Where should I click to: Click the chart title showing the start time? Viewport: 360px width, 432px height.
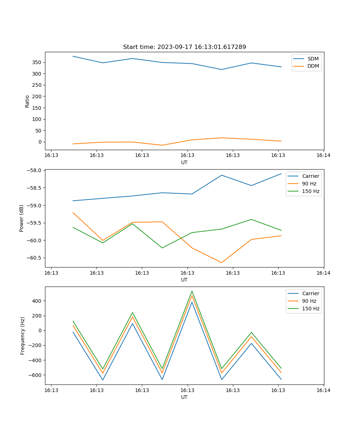pos(184,47)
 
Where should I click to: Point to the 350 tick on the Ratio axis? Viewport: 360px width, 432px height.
pos(38,62)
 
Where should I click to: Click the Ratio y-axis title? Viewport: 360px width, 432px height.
pos(27,101)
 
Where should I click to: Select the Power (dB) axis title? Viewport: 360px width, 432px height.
pos(22,218)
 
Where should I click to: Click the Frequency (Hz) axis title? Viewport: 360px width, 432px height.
pos(23,336)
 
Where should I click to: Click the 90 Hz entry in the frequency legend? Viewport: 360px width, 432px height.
pos(309,301)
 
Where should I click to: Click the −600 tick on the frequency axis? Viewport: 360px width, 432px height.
pos(36,375)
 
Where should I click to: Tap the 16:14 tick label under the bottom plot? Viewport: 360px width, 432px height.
pos(323,390)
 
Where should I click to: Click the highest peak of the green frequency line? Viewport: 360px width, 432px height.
pos(192,291)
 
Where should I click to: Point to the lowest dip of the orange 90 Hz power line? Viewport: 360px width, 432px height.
pos(221,262)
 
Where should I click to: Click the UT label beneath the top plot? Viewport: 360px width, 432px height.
pos(184,162)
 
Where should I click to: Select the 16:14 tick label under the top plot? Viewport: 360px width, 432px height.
pos(323,155)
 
